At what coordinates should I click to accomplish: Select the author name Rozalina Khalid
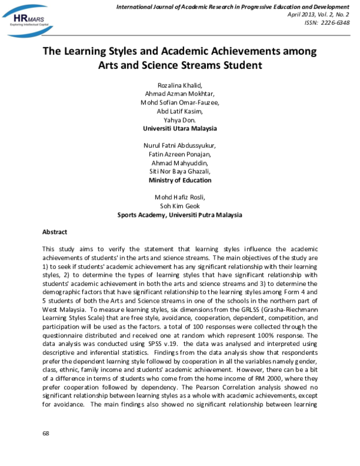click(179, 85)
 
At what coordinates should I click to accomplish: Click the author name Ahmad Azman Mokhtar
click(179, 94)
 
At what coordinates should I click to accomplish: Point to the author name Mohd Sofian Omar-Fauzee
click(179, 102)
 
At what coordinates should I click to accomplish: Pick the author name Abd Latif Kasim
click(179, 111)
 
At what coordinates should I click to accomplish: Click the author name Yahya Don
click(179, 120)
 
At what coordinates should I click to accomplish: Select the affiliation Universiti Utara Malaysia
click(179, 129)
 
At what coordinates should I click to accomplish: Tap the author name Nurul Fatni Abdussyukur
click(179, 146)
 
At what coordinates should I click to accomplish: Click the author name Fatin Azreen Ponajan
click(179, 154)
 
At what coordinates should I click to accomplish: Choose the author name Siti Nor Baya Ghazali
click(179, 172)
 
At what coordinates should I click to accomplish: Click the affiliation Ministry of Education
click(179, 180)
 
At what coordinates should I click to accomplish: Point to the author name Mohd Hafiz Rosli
click(179, 198)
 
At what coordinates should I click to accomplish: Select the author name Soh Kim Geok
click(179, 206)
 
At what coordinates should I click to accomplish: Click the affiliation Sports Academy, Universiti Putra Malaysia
click(179, 215)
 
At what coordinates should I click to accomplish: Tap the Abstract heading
click(55, 232)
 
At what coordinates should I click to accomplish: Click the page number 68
click(46, 434)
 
